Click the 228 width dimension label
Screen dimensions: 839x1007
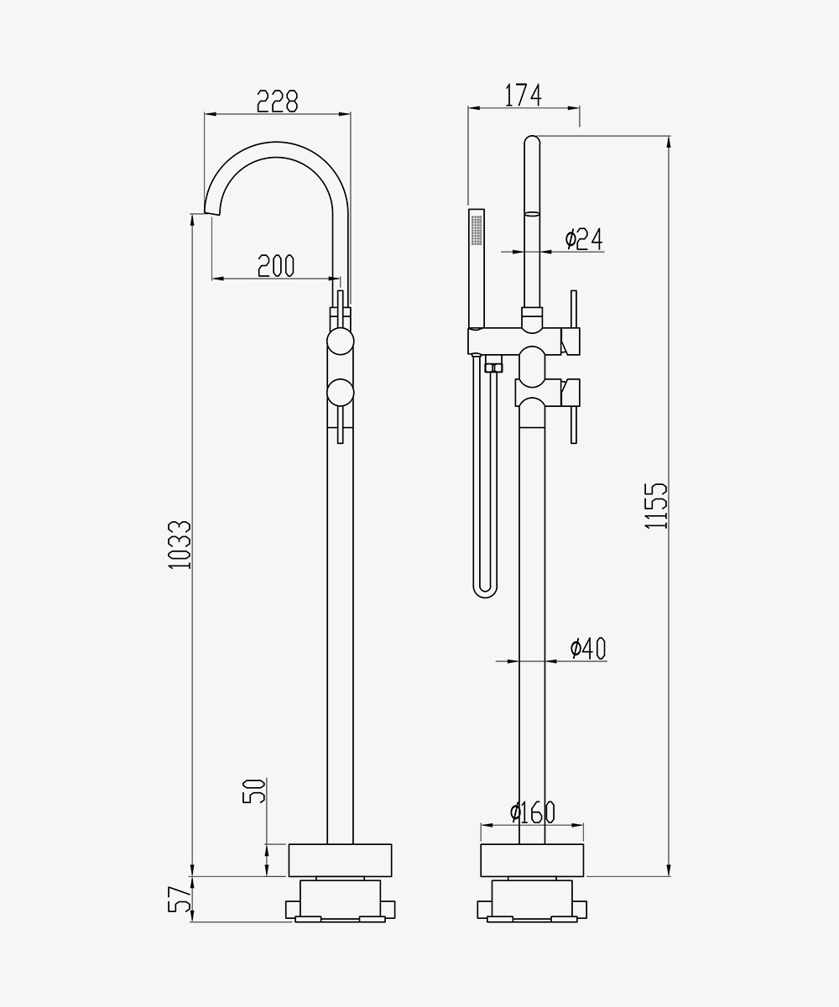pyautogui.click(x=277, y=102)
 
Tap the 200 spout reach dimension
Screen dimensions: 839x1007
pyautogui.click(x=276, y=266)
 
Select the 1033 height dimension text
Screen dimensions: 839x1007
pyautogui.click(x=180, y=545)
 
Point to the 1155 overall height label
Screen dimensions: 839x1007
pyautogui.click(x=656, y=505)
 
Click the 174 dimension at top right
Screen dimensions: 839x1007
pyautogui.click(x=524, y=95)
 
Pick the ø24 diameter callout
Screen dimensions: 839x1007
pyautogui.click(x=584, y=238)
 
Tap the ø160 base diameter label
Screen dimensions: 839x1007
pyautogui.click(x=532, y=812)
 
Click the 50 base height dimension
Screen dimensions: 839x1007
pyautogui.click(x=253, y=791)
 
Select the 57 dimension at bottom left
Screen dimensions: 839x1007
pyautogui.click(x=180, y=900)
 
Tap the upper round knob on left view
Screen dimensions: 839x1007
pyautogui.click(x=341, y=342)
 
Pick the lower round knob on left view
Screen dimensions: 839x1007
pyautogui.click(x=341, y=393)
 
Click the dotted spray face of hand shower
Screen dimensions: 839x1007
pyautogui.click(x=477, y=230)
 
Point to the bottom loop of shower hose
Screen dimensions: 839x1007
pyautogui.click(x=485, y=591)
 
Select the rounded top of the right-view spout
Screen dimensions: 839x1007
pyautogui.click(x=532, y=140)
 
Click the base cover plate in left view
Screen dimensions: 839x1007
pyautogui.click(x=341, y=860)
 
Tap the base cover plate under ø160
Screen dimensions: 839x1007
pyautogui.click(x=532, y=860)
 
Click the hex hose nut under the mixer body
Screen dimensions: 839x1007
pyautogui.click(x=494, y=368)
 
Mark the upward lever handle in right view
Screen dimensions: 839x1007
pyautogui.click(x=574, y=309)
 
